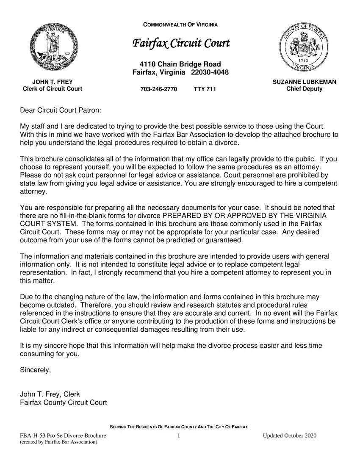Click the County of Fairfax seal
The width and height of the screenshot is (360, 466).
(x=304, y=47)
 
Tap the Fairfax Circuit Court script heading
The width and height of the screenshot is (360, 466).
(x=181, y=43)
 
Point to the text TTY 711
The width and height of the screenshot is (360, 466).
(x=205, y=89)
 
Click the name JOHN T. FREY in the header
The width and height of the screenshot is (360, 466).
(x=53, y=82)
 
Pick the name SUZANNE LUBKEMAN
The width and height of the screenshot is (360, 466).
(x=304, y=82)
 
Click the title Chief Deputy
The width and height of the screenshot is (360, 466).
(x=304, y=89)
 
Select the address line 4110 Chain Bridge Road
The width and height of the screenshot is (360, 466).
(x=180, y=64)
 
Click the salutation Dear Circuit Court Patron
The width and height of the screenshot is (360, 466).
(x=61, y=111)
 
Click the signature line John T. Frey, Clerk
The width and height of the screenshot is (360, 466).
(x=50, y=394)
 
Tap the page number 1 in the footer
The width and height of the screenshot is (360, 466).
(x=179, y=436)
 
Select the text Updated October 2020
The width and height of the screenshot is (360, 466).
(x=290, y=436)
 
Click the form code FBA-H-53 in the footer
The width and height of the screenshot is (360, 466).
(x=32, y=436)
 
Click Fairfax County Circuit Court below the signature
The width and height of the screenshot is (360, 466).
(x=64, y=402)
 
